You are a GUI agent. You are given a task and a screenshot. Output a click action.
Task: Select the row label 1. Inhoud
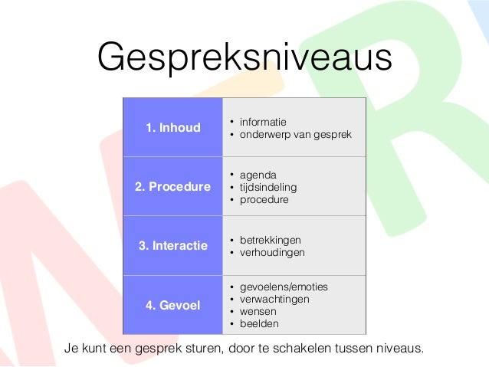(x=173, y=127)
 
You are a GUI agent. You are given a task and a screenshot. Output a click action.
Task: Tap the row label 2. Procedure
(x=174, y=186)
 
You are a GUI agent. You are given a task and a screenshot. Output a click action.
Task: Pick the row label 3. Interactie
(x=173, y=246)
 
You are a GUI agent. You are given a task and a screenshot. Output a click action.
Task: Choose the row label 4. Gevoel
(x=173, y=305)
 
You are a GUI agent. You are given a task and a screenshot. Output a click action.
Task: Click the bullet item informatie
(x=263, y=122)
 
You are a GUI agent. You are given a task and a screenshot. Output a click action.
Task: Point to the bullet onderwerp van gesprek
(x=295, y=134)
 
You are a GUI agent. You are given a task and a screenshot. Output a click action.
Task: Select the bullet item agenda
(x=258, y=175)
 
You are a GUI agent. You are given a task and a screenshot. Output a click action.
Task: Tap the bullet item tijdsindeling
(x=268, y=187)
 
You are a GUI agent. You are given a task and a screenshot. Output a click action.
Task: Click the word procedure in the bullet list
(x=264, y=199)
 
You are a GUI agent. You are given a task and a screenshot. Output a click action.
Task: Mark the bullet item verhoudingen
(x=272, y=252)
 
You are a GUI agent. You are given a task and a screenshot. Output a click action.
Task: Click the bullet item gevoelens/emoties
(x=284, y=287)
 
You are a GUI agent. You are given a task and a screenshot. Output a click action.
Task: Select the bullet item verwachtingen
(x=274, y=299)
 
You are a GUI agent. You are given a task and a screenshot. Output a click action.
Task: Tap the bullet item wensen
(x=258, y=311)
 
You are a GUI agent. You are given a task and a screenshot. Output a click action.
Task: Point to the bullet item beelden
(x=258, y=323)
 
